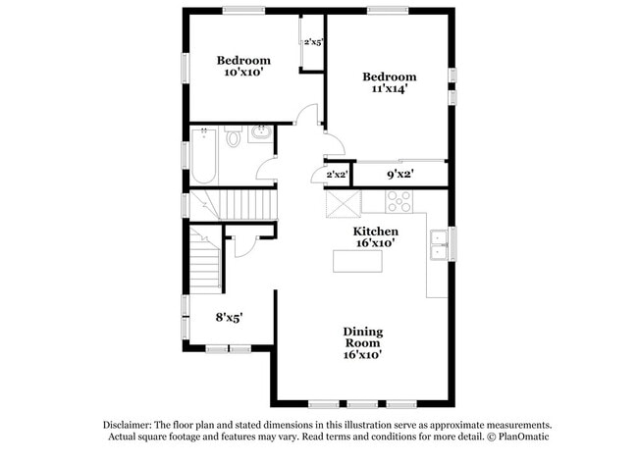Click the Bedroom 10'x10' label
tap(243, 66)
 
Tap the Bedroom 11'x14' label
tap(389, 82)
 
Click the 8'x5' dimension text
tap(229, 317)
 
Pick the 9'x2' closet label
tap(399, 175)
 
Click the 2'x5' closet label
tap(313, 42)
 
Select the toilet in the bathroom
tap(233, 139)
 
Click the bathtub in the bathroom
tap(203, 156)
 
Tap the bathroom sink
tap(262, 134)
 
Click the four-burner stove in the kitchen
tap(399, 202)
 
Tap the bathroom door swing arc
tap(267, 169)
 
